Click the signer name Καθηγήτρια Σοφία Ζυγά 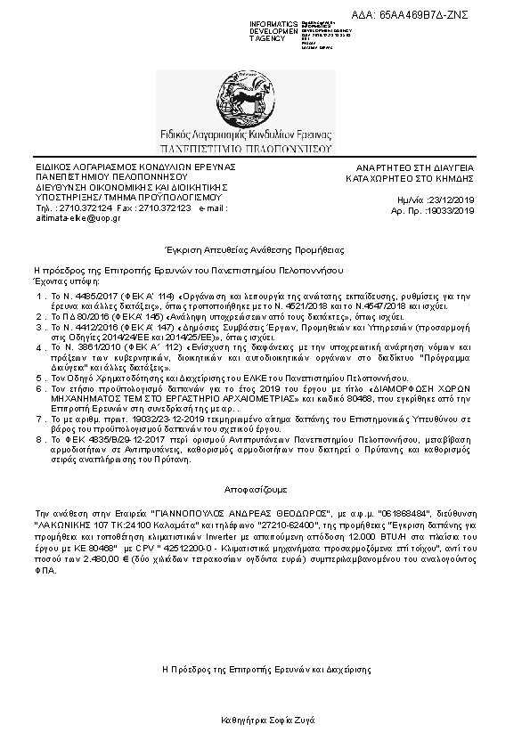[x=266, y=719]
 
